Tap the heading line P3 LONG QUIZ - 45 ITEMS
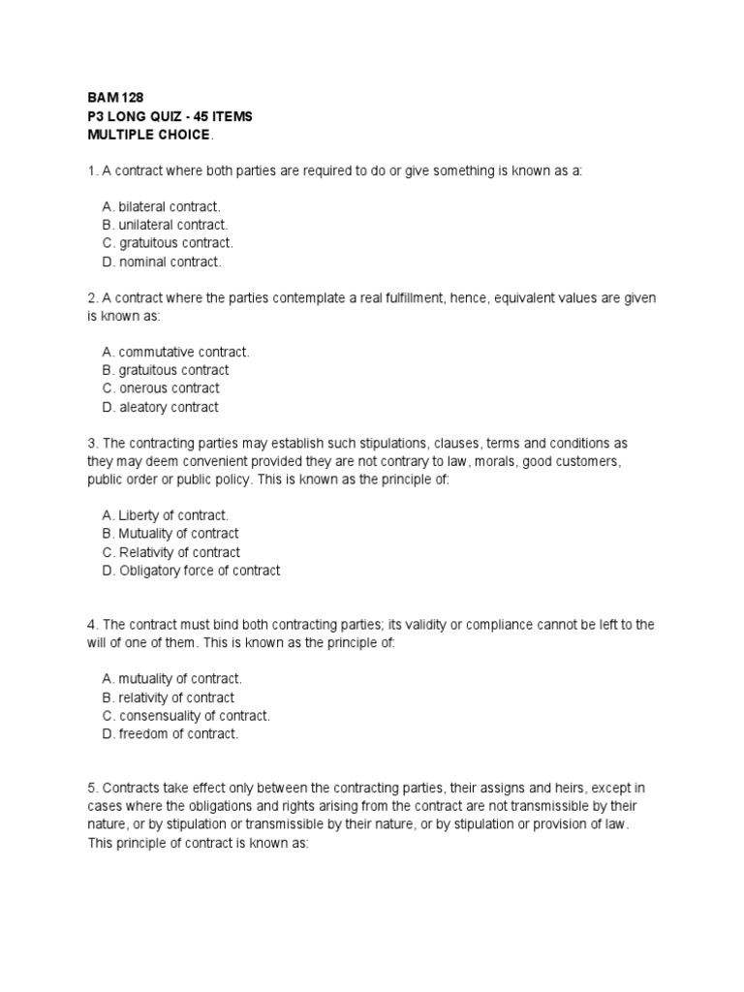point(170,116)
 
